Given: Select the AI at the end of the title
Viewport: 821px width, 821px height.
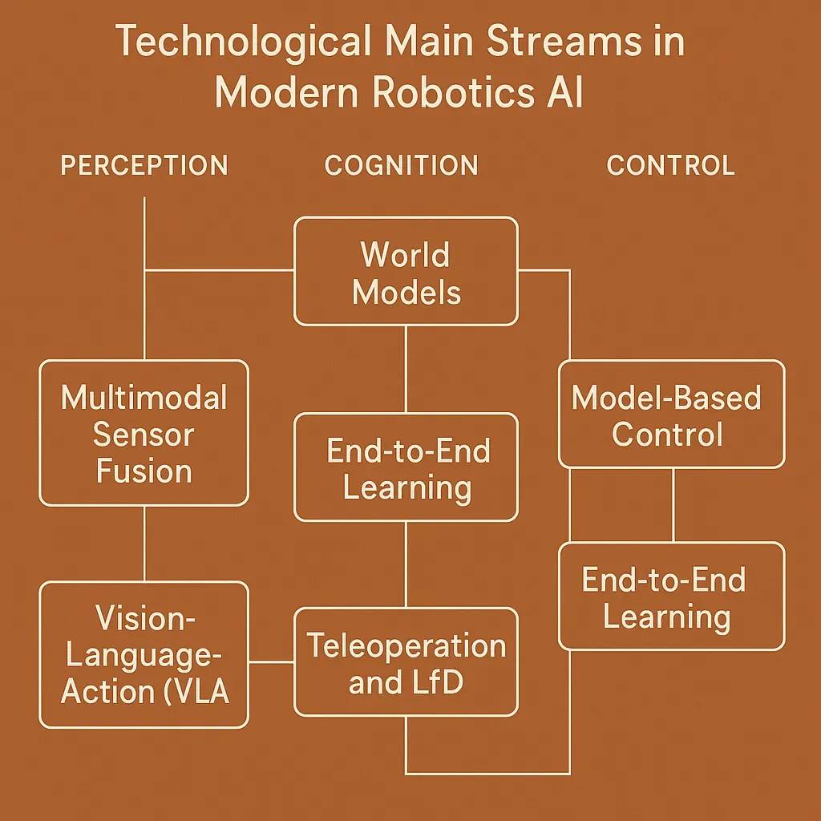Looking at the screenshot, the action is tap(564, 93).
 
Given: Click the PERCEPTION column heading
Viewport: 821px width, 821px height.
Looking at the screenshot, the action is tap(144, 165).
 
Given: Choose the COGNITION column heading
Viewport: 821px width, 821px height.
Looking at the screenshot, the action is tap(401, 165).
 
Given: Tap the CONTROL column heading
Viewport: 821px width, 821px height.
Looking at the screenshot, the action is tap(670, 165).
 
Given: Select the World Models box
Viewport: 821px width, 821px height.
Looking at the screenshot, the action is tap(406, 271).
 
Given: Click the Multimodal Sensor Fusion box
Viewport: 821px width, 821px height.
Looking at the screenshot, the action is tap(144, 433).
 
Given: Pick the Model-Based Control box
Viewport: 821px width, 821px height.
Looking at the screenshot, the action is tap(672, 415).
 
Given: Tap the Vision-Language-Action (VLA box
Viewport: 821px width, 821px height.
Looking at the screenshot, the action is tap(144, 654).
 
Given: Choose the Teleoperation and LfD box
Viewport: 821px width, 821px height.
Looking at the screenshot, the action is tap(406, 661).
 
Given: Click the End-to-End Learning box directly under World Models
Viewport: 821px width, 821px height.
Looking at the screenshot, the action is tap(406, 467).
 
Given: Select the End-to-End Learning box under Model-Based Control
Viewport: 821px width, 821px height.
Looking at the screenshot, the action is tap(672, 597).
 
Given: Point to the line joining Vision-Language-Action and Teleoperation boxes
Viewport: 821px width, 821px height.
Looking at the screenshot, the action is tap(271, 661).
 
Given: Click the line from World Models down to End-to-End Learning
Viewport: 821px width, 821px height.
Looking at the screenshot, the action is tap(406, 369).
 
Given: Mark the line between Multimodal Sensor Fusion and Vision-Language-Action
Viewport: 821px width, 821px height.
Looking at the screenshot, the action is tap(144, 544).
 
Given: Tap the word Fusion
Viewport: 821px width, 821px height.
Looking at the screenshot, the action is tap(144, 471).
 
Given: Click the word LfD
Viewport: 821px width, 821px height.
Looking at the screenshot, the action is tap(439, 681).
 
